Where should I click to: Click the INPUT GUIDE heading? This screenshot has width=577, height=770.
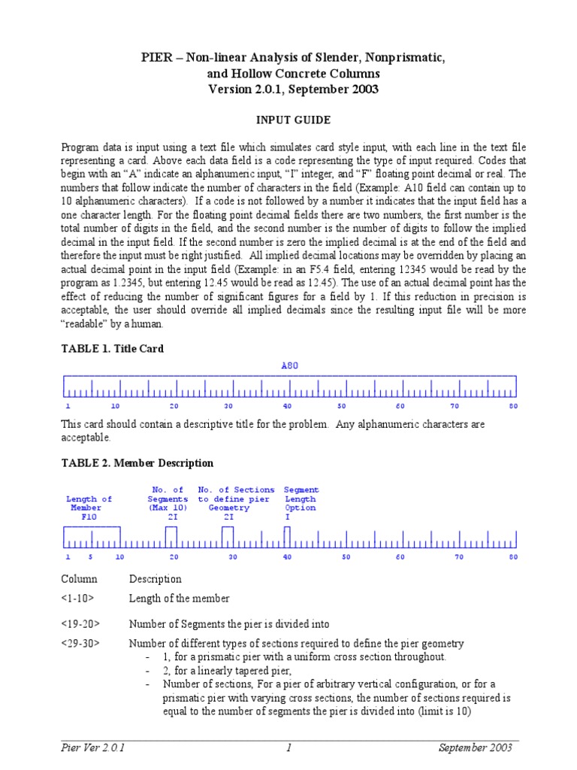289,120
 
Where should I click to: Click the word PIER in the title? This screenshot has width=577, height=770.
156,59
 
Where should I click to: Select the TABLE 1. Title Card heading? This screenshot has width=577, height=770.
112,349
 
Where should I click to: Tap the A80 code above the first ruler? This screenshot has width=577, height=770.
289,365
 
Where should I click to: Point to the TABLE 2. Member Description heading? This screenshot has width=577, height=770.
137,463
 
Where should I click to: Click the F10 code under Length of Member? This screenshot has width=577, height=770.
89,517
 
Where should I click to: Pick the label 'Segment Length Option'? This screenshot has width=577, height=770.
301,499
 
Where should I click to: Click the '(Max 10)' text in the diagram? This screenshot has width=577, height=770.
168,508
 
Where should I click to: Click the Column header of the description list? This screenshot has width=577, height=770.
79,579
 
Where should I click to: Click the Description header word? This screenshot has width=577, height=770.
156,579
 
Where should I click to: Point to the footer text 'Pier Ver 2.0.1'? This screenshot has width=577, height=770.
93,747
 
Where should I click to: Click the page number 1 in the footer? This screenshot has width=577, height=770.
288,747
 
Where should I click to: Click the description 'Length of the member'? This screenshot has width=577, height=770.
180,599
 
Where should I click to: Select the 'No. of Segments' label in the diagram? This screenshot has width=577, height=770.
168,495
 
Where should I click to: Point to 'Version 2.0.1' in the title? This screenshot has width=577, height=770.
246,89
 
